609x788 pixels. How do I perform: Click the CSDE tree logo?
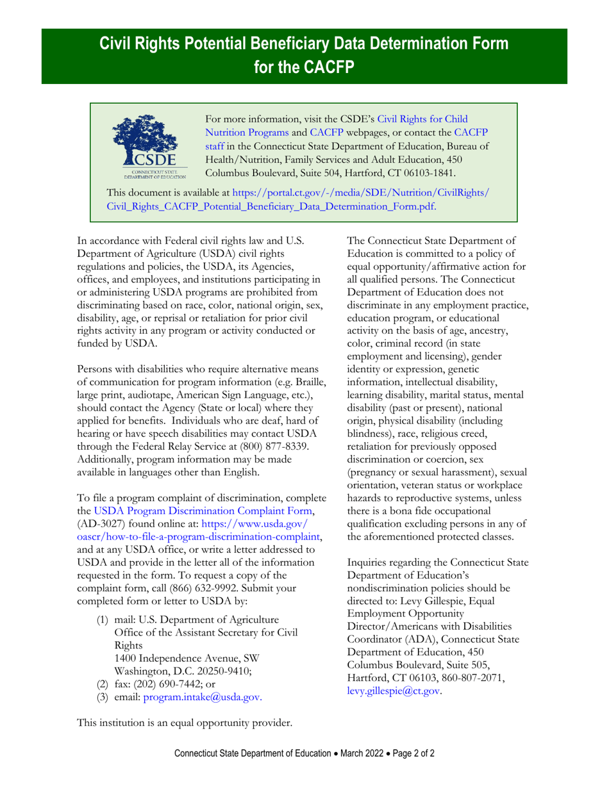click(x=149, y=145)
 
